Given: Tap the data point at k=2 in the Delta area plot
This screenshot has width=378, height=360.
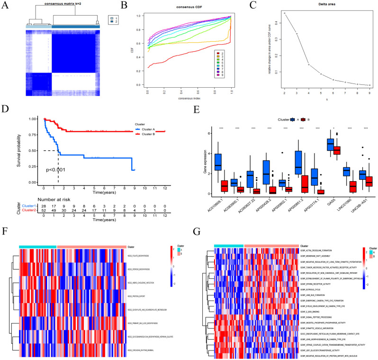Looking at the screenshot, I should pos(285,13).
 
